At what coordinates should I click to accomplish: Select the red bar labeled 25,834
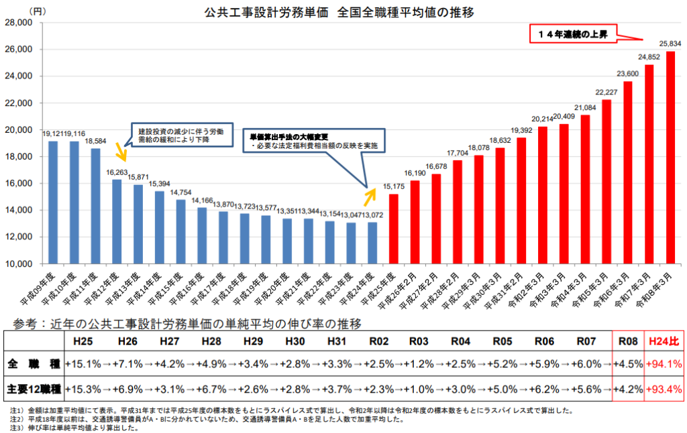670,157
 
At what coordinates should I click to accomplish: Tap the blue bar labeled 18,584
95,205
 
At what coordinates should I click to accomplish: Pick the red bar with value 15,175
393,228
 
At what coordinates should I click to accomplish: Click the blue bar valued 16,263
117,221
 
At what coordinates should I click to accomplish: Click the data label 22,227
606,92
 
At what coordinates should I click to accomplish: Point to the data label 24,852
649,57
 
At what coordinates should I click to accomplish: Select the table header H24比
664,341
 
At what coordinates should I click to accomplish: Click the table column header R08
628,341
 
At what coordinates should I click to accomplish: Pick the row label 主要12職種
34,388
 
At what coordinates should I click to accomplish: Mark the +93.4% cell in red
664,388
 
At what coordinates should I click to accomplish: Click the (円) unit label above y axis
38,11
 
